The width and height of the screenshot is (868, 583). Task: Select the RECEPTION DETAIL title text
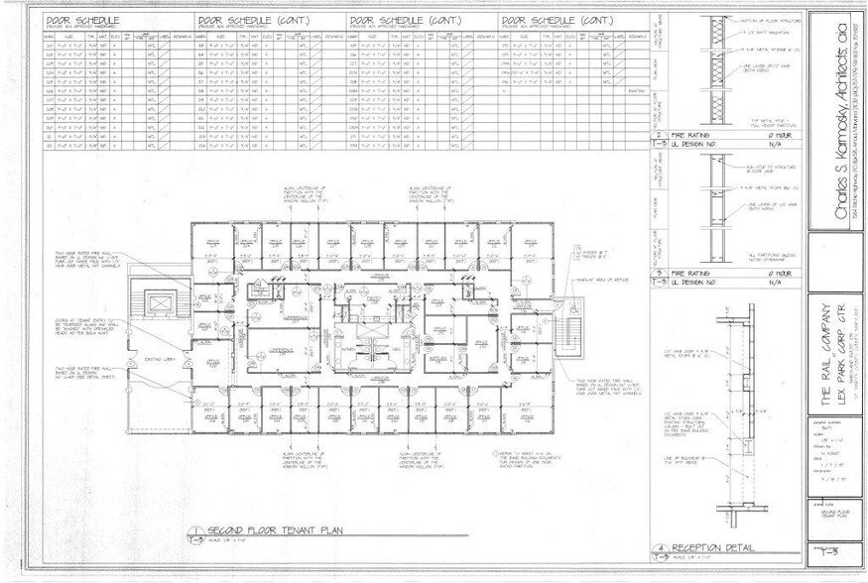tap(711, 548)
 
